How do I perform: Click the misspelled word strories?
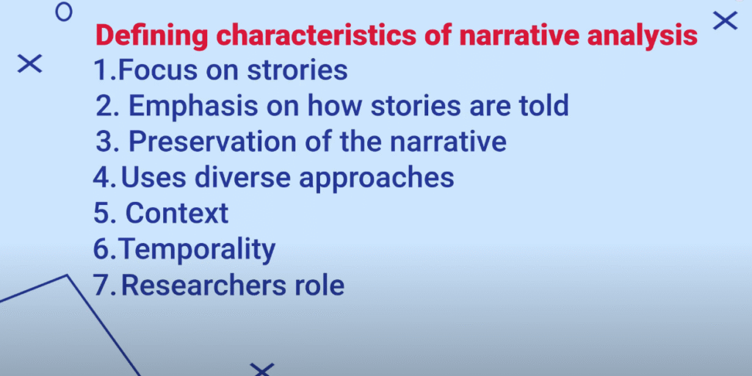click(297, 70)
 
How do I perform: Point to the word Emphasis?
click(193, 107)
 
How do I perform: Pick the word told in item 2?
click(541, 106)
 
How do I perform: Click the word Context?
click(177, 214)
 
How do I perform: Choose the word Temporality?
click(197, 250)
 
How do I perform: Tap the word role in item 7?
click(319, 286)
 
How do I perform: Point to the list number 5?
click(103, 214)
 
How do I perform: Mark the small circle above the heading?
click(64, 13)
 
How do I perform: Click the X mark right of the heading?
click(725, 21)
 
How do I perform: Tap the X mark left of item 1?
click(29, 64)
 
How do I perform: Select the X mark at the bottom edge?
click(262, 370)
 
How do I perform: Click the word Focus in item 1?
click(157, 70)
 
